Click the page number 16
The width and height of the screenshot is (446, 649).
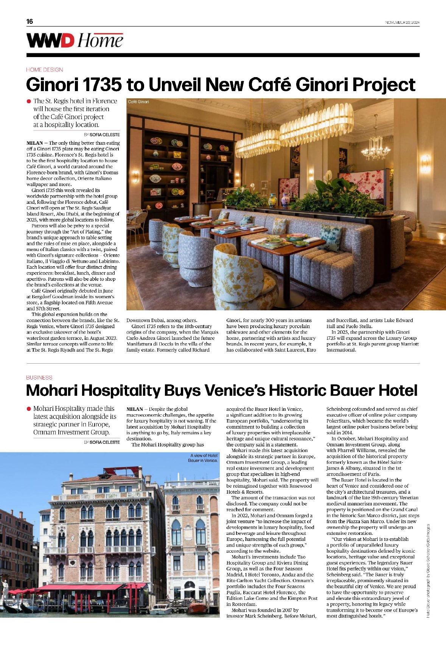[30, 22]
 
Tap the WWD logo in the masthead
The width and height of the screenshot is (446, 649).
[50, 40]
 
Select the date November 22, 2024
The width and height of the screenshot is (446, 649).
[402, 22]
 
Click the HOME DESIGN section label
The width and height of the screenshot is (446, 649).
[45, 70]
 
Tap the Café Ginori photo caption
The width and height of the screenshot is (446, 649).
[138, 102]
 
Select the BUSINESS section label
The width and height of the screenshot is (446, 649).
[39, 377]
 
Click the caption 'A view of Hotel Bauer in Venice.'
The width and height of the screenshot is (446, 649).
[204, 458]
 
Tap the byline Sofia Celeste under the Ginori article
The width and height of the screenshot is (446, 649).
[102, 135]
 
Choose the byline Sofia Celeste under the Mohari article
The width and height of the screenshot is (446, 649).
[102, 442]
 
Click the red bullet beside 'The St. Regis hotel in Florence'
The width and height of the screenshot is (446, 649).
[29, 101]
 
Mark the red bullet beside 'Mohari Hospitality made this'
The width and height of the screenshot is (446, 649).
[29, 409]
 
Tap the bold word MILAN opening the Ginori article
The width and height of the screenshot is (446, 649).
[34, 143]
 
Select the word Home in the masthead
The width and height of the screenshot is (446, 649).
[101, 40]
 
